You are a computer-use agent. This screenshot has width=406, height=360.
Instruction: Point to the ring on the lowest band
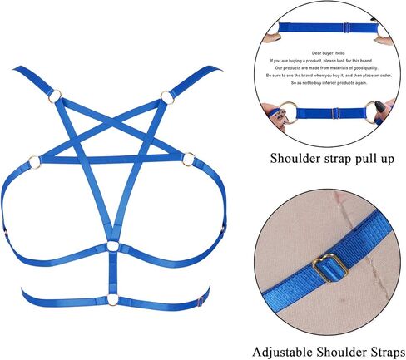click(x=108, y=300)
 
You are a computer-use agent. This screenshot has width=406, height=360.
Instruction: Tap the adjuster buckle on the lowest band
click(x=201, y=301)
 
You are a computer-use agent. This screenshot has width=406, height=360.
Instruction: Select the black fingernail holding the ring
click(x=379, y=106)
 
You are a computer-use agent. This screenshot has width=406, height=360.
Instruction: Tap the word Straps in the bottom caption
click(x=387, y=352)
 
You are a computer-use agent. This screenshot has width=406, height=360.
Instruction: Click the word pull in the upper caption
click(x=366, y=159)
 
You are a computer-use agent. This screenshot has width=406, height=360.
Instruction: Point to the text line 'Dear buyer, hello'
click(x=328, y=53)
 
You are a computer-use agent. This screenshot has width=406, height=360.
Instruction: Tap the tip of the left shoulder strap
click(x=14, y=68)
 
